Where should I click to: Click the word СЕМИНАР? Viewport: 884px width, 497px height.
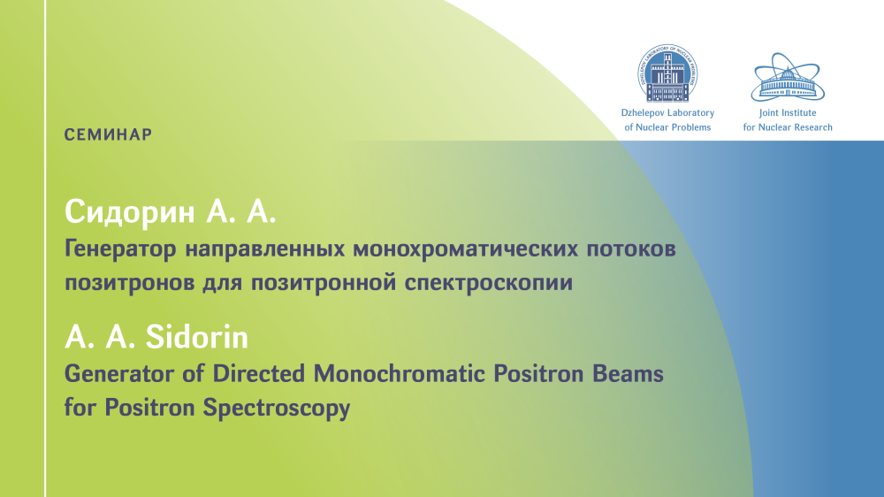tap(108, 134)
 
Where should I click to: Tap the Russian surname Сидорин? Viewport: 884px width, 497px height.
tap(130, 212)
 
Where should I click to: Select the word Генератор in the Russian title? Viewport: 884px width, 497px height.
tap(120, 249)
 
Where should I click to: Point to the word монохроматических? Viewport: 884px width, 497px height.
tap(466, 248)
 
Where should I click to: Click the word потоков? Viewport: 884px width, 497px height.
tap(631, 249)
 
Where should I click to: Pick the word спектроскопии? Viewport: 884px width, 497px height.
tap(489, 283)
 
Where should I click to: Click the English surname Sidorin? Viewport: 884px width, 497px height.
tap(197, 337)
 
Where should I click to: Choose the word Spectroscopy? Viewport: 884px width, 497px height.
tap(277, 409)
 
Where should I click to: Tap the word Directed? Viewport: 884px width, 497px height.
tap(259, 374)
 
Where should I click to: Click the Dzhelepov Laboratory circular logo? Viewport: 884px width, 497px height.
tap(667, 73)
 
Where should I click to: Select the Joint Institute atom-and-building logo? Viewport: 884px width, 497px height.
tap(788, 77)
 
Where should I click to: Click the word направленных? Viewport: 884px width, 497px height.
tap(265, 249)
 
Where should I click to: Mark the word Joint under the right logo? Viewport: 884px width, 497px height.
tap(770, 113)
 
